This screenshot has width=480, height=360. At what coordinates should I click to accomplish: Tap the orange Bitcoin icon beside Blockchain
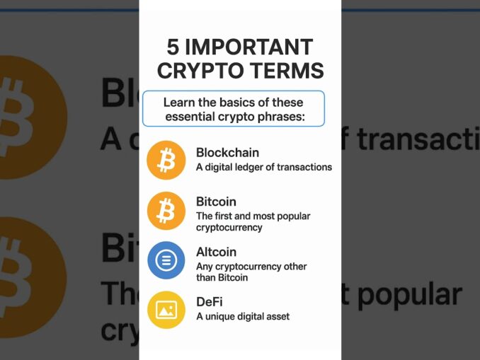click(x=166, y=160)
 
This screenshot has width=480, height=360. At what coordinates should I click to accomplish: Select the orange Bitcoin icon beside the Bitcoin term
click(x=166, y=210)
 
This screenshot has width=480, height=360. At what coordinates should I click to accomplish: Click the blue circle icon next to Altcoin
click(x=166, y=260)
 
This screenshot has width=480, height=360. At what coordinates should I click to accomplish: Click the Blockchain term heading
click(x=227, y=152)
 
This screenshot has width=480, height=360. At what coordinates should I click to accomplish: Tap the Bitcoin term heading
click(x=216, y=202)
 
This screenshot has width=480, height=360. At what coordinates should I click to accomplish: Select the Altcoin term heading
click(x=216, y=252)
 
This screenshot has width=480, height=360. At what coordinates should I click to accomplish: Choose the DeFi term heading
click(x=210, y=301)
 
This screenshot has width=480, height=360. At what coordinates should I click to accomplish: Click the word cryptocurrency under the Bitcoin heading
click(x=229, y=228)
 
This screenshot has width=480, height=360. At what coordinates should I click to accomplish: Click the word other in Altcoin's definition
click(x=294, y=267)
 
